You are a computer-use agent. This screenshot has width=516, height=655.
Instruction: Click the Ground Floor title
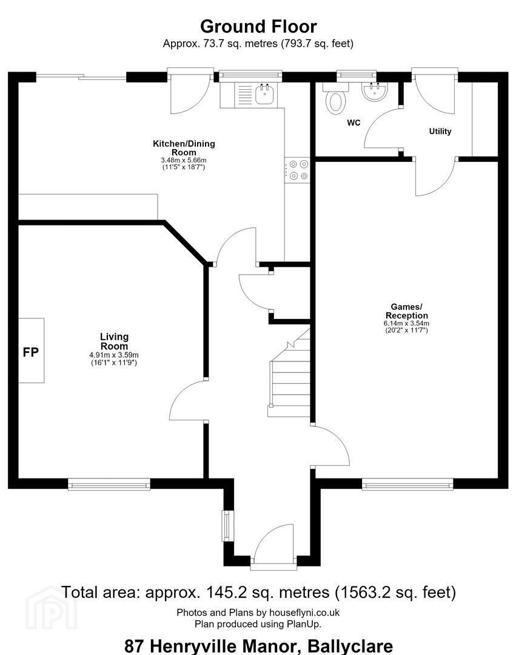258,26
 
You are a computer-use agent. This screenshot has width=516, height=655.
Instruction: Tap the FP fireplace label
30,352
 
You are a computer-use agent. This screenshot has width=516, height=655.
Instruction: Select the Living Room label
114,341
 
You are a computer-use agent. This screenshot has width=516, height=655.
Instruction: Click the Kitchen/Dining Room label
184,148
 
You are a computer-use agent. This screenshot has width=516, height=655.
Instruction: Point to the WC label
353,123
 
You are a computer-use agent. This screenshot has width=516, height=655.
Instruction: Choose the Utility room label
440,131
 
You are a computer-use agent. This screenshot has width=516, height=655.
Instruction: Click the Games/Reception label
407,311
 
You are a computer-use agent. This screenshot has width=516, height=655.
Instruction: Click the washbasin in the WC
375,92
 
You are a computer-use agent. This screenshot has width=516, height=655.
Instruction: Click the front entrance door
273,546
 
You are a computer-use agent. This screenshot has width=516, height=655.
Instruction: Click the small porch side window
227,526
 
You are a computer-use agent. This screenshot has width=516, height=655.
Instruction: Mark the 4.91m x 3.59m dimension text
114,355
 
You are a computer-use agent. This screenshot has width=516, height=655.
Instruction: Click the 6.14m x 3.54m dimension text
407,323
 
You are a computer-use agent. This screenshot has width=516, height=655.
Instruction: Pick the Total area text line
258,593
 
